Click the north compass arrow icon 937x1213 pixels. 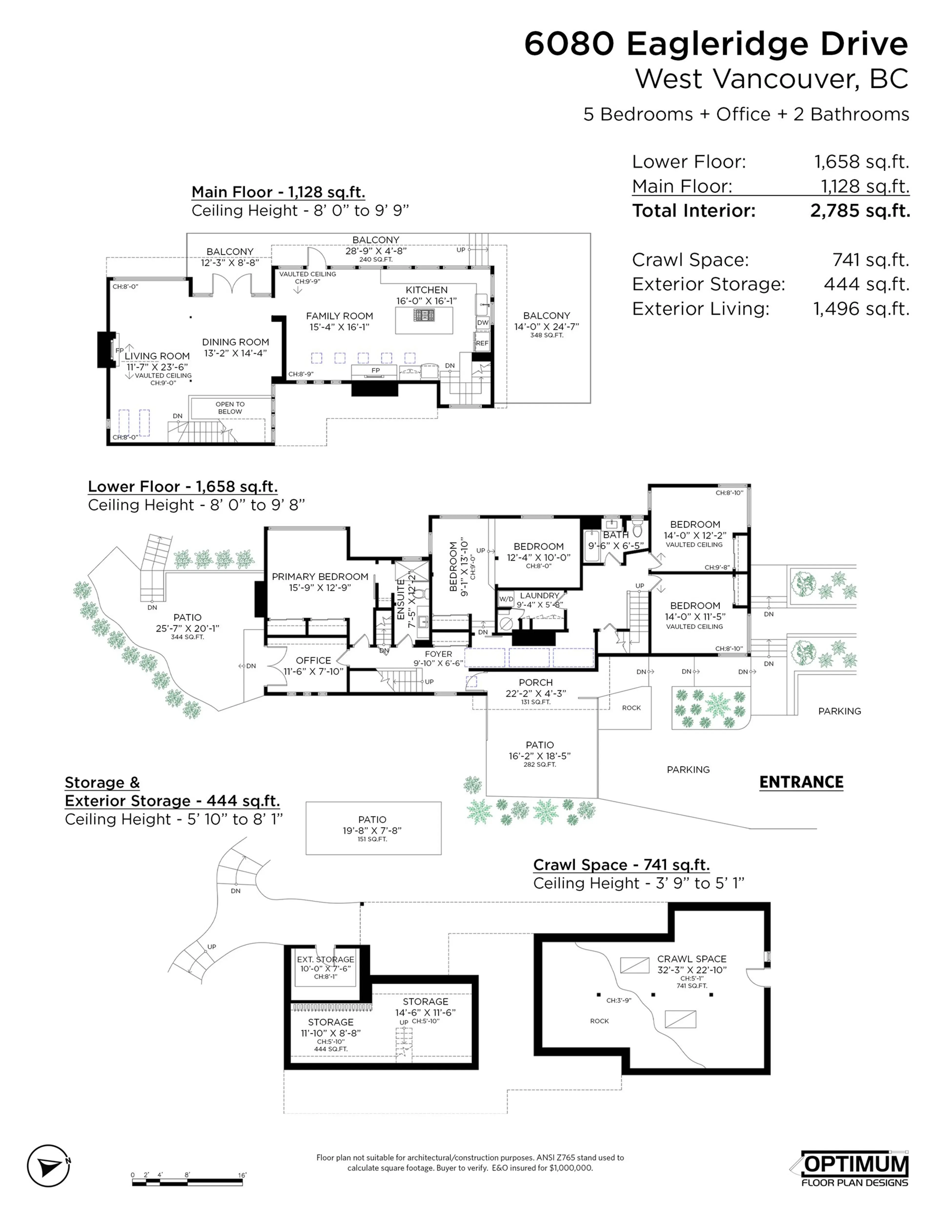[x=48, y=1165]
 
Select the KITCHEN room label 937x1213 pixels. [x=426, y=290]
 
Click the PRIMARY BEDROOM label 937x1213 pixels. [x=320, y=576]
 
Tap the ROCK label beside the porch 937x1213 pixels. [x=631, y=708]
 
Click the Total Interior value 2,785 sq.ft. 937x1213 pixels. [x=860, y=211]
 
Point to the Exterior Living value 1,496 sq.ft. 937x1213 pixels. [x=861, y=309]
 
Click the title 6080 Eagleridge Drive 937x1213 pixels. [x=716, y=44]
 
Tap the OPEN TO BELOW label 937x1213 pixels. [x=230, y=408]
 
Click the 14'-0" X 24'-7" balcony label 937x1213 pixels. [x=547, y=327]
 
